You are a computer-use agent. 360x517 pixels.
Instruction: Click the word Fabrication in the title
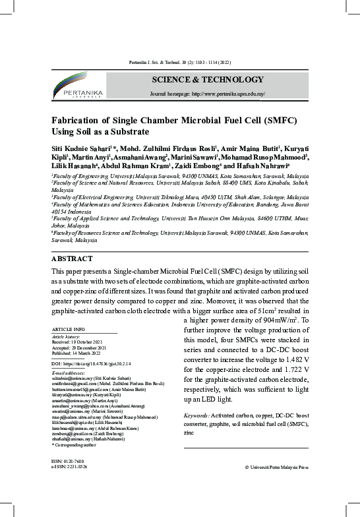(82, 121)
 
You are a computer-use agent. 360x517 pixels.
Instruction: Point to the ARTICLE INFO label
(68, 328)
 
